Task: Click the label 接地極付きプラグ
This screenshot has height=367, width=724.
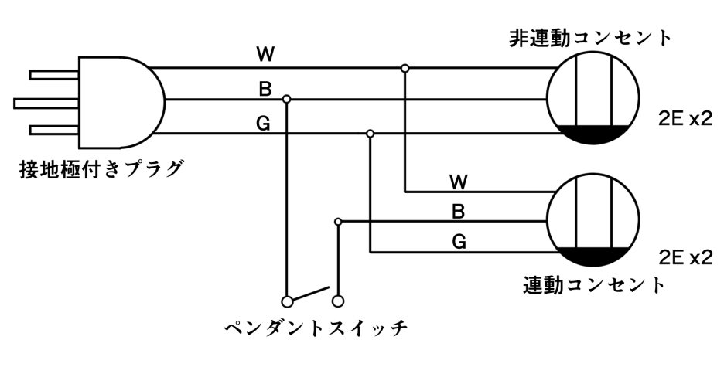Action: pos(101,168)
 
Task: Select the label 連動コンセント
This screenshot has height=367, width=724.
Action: pos(594,284)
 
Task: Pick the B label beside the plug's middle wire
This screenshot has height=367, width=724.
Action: pos(265,89)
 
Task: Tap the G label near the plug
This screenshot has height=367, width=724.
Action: pos(264,122)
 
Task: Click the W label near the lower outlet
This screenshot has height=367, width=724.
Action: pos(458,182)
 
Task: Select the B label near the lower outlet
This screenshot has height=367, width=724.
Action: pos(458,211)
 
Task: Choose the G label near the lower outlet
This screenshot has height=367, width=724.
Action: pos(458,242)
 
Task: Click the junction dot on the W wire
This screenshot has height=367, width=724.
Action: pos(405,69)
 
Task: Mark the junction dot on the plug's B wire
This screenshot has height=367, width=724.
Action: pos(287,99)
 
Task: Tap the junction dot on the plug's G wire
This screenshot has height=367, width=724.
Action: pos(371,133)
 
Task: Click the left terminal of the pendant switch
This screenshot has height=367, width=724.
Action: pos(287,300)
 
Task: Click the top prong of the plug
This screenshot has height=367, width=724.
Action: pos(54,75)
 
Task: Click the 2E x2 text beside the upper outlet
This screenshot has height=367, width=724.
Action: pos(684,118)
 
